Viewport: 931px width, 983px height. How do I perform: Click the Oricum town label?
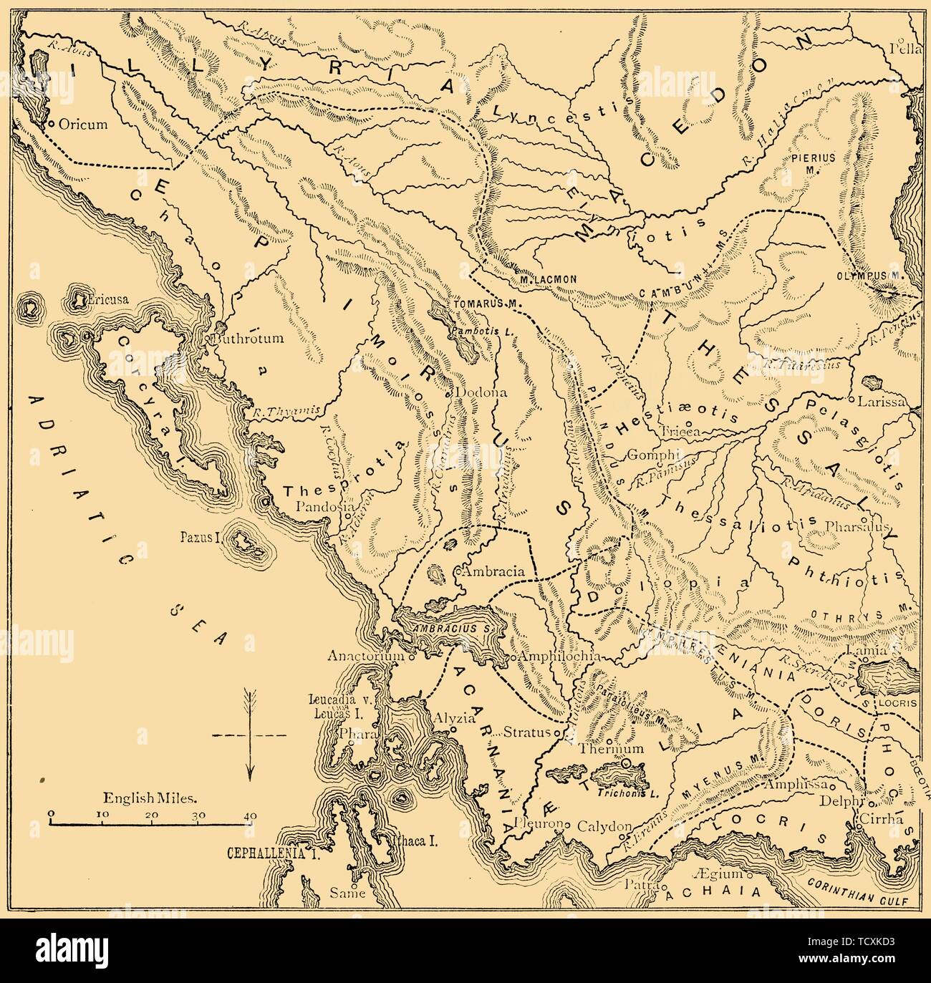[83, 124]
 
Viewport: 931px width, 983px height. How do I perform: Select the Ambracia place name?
[495, 572]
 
